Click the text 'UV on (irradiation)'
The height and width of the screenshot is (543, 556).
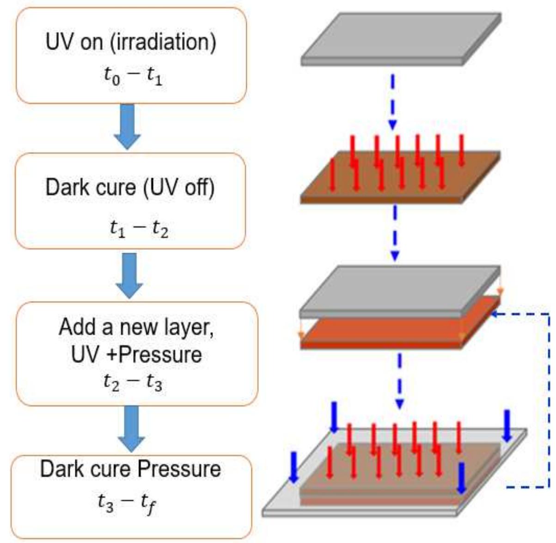tap(131, 42)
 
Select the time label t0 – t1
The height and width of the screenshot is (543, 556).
tap(133, 76)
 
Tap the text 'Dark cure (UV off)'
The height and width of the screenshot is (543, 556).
tap(130, 188)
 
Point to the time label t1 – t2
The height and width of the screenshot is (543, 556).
tap(139, 229)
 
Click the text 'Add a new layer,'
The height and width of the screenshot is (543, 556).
tap(136, 327)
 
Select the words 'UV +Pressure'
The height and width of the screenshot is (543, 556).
tap(136, 355)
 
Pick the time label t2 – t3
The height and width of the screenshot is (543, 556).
tap(133, 383)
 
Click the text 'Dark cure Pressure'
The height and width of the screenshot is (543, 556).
tap(131, 469)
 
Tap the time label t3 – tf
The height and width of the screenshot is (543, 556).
tap(127, 504)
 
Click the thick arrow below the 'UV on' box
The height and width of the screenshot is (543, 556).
tap(128, 127)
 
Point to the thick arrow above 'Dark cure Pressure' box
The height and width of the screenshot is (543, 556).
tap(131, 429)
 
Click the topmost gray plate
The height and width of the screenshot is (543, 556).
tap(401, 39)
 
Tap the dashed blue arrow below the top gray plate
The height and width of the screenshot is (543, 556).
tap(393, 102)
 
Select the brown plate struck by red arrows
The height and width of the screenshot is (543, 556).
tap(400, 177)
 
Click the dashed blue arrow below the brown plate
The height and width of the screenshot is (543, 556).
tap(395, 233)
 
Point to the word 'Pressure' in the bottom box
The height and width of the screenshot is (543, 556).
tap(179, 469)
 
